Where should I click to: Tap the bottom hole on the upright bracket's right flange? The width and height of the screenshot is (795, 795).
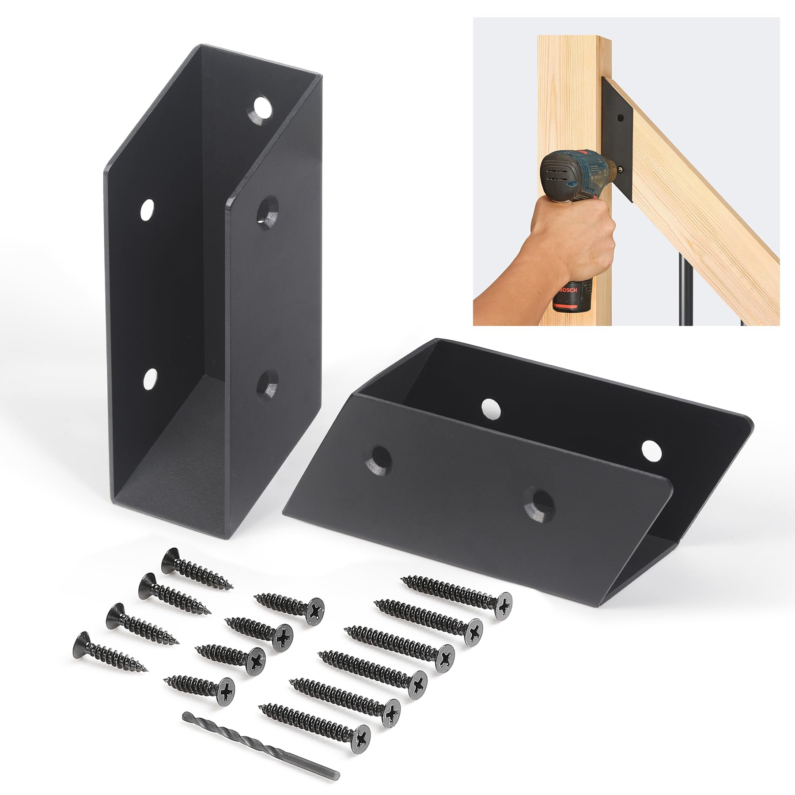pyautogui.click(x=268, y=382)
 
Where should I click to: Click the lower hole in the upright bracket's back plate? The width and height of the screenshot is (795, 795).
pyautogui.click(x=150, y=379)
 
